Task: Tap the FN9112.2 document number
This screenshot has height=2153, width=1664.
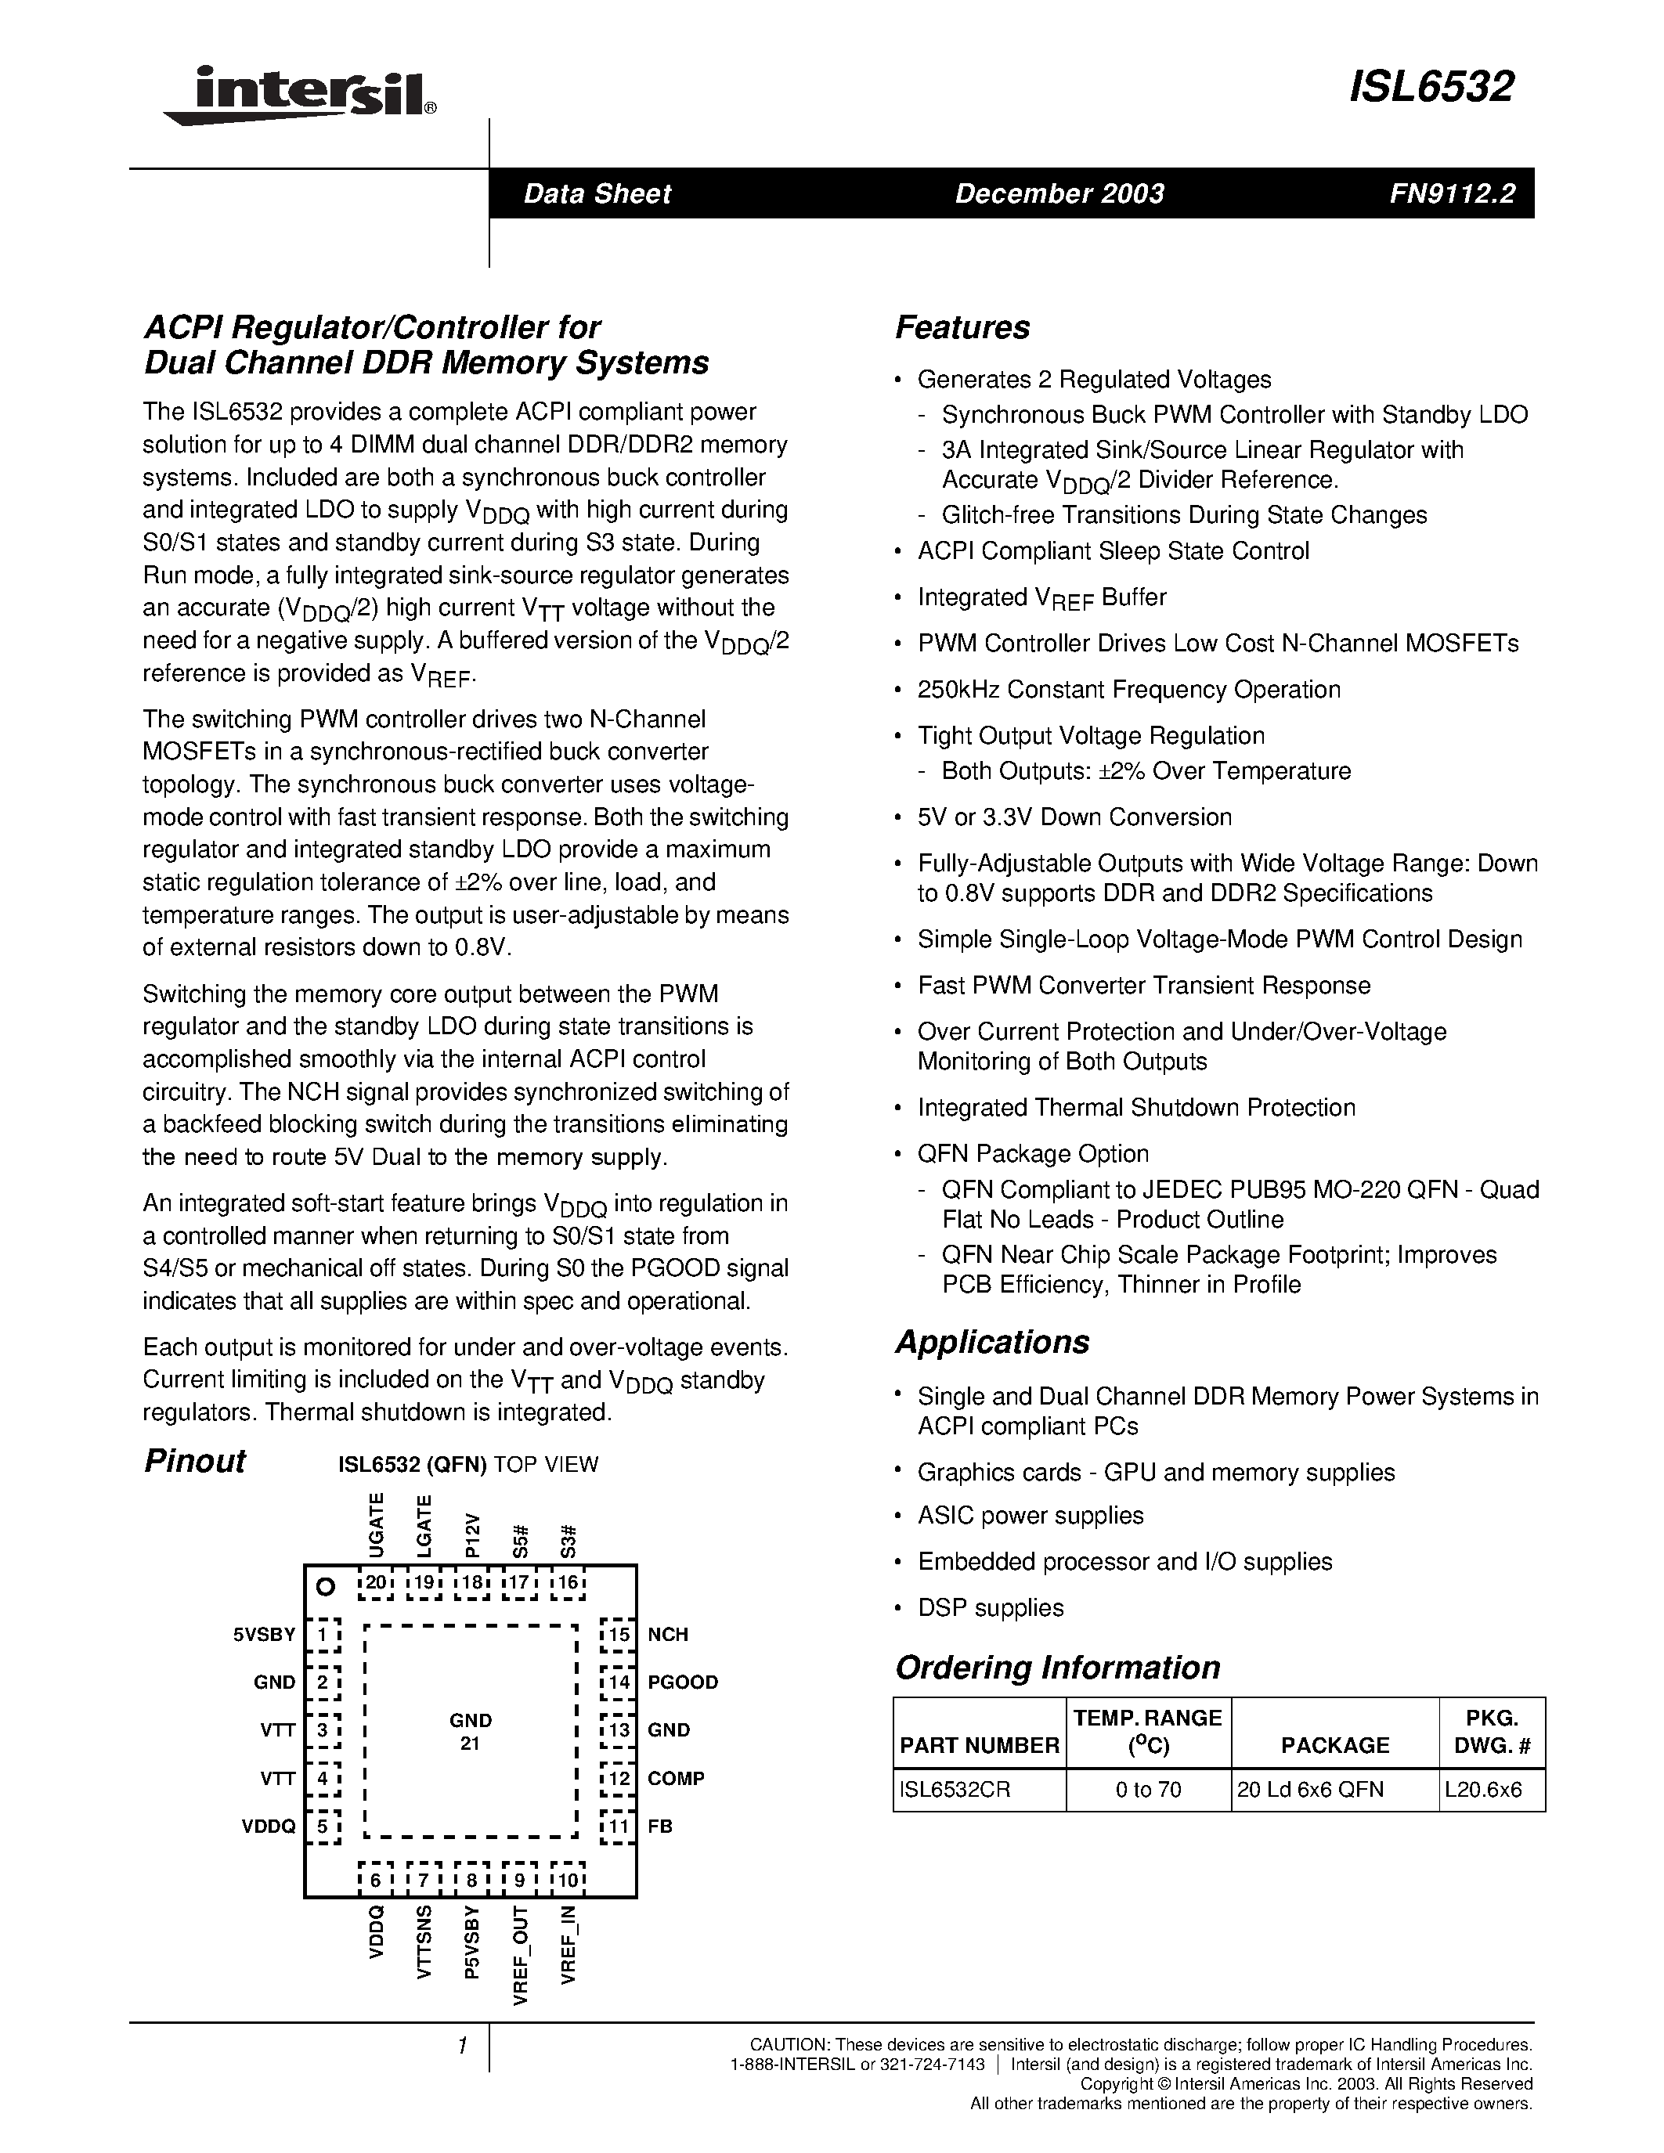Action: coord(1452,193)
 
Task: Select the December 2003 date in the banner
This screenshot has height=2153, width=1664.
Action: coord(1059,193)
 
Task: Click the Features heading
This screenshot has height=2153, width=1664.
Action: coord(962,327)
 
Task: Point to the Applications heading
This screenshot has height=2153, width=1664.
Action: coord(991,1342)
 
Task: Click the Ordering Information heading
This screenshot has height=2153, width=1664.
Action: coord(1057,1667)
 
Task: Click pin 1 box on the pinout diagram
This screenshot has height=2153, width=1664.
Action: coord(323,1635)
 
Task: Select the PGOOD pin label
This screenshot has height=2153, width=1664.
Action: coord(682,1682)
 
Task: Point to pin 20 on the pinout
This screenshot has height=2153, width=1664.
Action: coord(376,1583)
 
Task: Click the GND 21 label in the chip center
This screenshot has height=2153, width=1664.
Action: coord(470,1731)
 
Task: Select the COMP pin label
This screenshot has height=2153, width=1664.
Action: coord(675,1779)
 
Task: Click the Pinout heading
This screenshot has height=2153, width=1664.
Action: coord(194,1461)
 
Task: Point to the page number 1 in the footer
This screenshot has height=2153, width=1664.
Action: coord(461,2046)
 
